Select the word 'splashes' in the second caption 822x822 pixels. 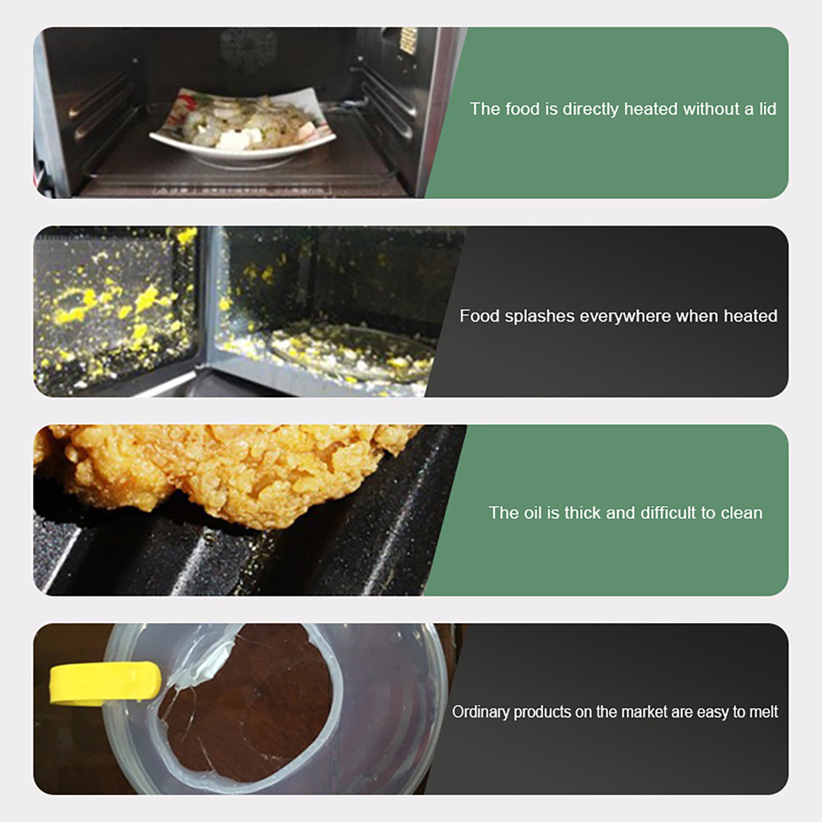point(539,316)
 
